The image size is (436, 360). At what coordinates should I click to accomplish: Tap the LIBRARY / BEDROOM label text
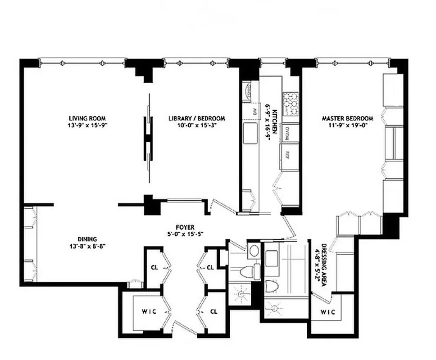click(196, 118)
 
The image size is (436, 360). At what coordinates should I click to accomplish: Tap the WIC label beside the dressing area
click(327, 312)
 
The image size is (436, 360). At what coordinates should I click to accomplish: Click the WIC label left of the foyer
click(149, 312)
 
